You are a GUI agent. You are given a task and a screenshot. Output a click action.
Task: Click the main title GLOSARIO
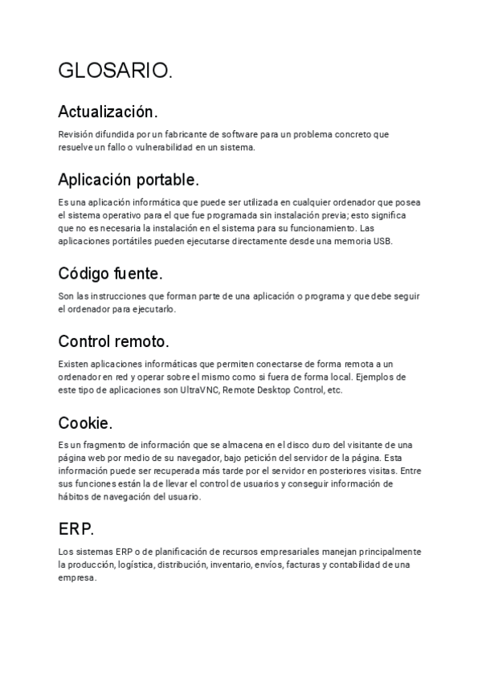click(114, 71)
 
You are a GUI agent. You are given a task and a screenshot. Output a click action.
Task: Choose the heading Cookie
click(85, 422)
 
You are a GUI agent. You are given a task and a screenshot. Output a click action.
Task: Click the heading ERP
click(76, 529)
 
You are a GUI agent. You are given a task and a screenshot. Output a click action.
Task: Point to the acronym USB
click(383, 242)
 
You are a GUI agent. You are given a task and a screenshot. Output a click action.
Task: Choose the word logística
click(134, 565)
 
